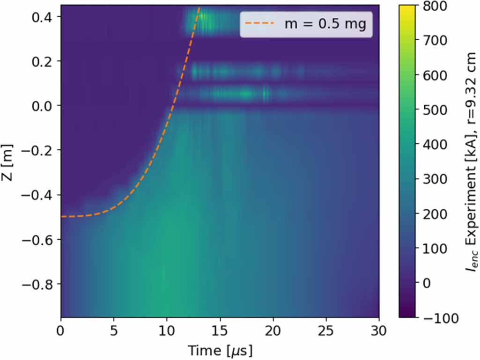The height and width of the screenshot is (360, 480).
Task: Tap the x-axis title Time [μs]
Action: coord(220,350)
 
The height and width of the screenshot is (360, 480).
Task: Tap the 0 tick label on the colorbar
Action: coord(428,283)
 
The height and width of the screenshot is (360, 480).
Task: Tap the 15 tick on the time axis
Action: coord(220,331)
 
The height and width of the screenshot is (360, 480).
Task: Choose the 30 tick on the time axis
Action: coord(378,331)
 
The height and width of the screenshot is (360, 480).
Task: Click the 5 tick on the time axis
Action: coord(114,331)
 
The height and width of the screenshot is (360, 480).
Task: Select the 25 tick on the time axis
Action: coord(326,331)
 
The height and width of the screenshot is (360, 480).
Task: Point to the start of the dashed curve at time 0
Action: coord(62,217)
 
